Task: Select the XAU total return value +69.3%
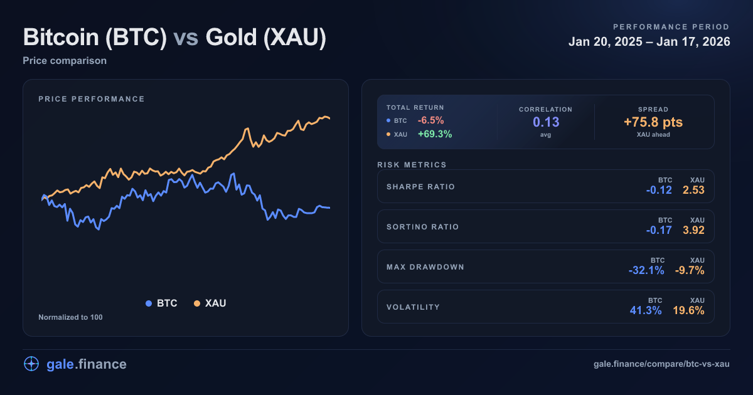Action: pyautogui.click(x=435, y=134)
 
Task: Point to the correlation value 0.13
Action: pyautogui.click(x=545, y=122)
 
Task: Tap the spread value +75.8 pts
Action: pyautogui.click(x=653, y=122)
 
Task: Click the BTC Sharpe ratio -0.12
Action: pyautogui.click(x=659, y=190)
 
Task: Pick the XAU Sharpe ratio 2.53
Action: pyautogui.click(x=693, y=190)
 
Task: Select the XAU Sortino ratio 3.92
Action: pyautogui.click(x=693, y=230)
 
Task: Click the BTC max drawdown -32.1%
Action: pyautogui.click(x=646, y=270)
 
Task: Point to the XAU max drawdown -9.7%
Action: pyautogui.click(x=690, y=270)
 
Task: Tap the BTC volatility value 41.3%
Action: pyautogui.click(x=646, y=310)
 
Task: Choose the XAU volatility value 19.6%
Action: pyautogui.click(x=690, y=310)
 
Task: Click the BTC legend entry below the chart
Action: pyautogui.click(x=161, y=303)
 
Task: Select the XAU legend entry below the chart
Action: pyautogui.click(x=210, y=303)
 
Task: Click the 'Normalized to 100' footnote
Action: pyautogui.click(x=70, y=317)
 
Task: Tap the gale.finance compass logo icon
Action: pyautogui.click(x=31, y=364)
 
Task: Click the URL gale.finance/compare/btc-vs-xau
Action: pyautogui.click(x=661, y=364)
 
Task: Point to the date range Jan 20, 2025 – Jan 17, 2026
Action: pyautogui.click(x=649, y=42)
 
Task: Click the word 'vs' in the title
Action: pyautogui.click(x=186, y=38)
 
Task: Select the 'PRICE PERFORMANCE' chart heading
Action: pyautogui.click(x=92, y=99)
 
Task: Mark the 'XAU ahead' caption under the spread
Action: pyautogui.click(x=653, y=135)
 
